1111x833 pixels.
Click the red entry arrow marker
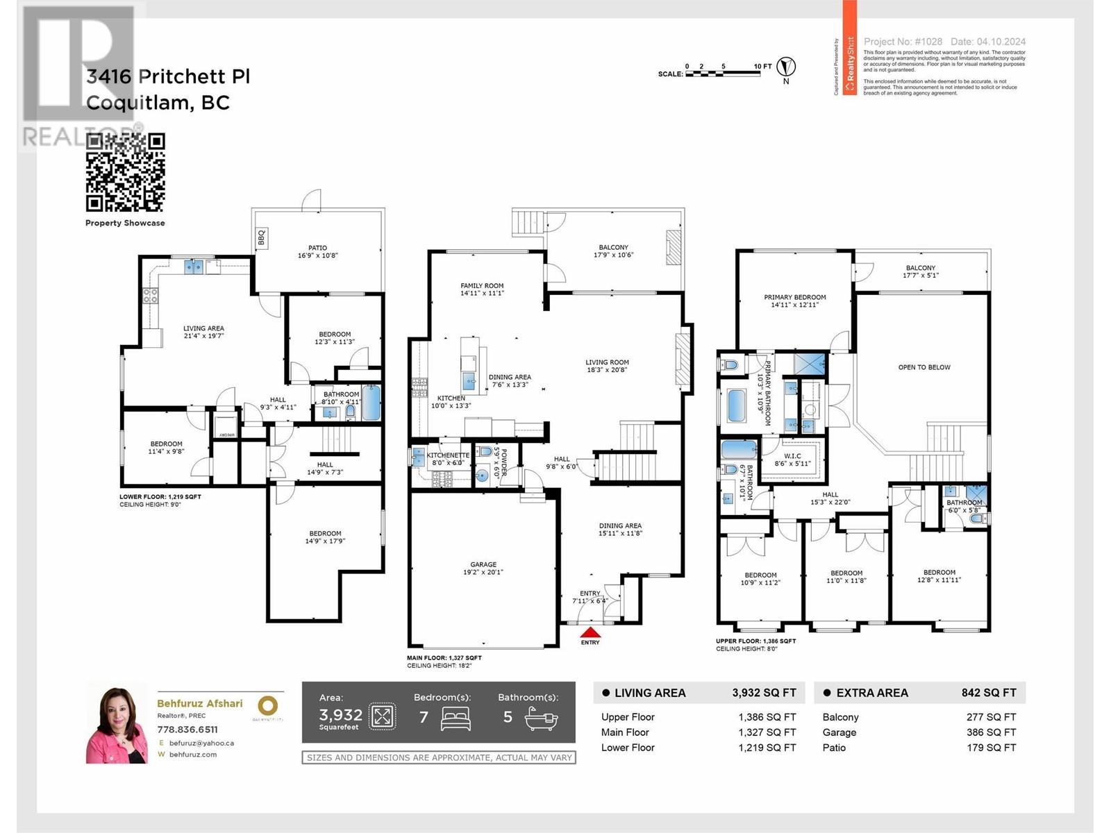point(590,632)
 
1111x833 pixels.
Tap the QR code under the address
point(125,173)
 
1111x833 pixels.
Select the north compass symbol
point(786,67)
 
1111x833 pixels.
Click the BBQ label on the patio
point(262,238)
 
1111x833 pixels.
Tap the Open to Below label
point(924,367)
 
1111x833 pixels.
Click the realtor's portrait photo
point(117,723)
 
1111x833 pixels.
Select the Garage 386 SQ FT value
point(991,732)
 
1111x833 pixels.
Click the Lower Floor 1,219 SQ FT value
point(767,748)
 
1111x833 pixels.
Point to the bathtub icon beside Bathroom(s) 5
point(541,718)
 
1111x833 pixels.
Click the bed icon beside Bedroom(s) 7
point(456,718)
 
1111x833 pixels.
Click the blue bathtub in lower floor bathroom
point(371,403)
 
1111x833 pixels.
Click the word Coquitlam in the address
point(137,103)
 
